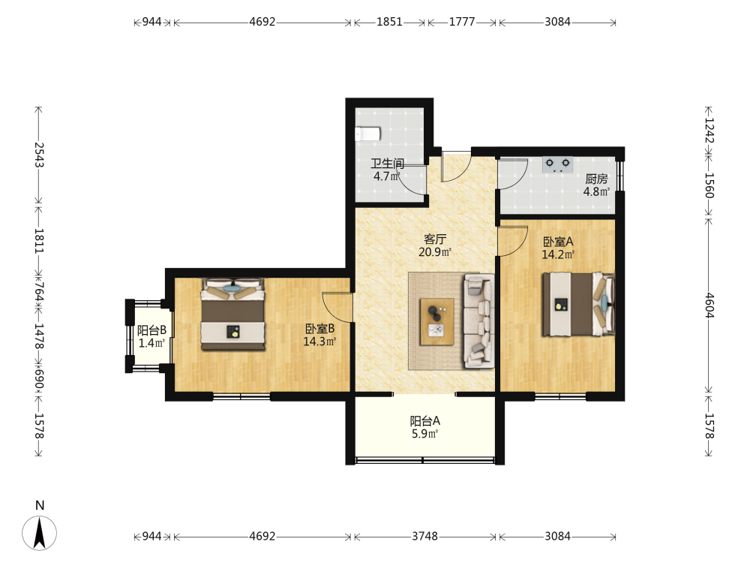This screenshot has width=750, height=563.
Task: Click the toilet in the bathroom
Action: pos(367,134)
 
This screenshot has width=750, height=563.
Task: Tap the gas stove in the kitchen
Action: pos(557,164)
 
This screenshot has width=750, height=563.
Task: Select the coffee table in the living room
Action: pos(436,322)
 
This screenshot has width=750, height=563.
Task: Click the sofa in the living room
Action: pos(478,321)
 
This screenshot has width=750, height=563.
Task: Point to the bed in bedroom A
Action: pos(578,304)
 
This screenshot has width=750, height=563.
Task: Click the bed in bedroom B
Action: pos(233,314)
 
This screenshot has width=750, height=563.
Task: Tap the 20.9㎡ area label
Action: pos(435,251)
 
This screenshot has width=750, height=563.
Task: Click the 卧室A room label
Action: pos(558,242)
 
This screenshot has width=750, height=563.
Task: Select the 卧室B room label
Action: pos(319,329)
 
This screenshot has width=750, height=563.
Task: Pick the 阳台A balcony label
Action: pos(424,421)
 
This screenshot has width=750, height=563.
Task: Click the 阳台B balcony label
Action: pos(151,330)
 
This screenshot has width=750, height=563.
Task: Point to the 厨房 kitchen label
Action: pos(596,179)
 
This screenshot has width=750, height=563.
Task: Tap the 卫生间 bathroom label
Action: pos(388,164)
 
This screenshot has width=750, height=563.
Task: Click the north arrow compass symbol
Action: pos(39,532)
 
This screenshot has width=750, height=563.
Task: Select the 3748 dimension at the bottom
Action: pos(424,536)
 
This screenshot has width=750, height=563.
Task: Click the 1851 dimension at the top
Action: pos(389,22)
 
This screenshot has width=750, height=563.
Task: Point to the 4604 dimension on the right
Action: pos(709,306)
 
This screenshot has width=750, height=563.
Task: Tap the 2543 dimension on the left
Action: pos(39,155)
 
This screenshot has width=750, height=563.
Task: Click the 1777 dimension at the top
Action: pos(461,22)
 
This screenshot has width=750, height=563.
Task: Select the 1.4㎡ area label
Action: pos(151,343)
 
